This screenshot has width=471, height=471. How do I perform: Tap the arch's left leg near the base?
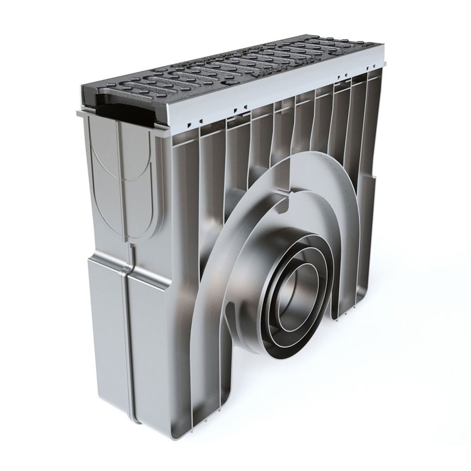[207, 377]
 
